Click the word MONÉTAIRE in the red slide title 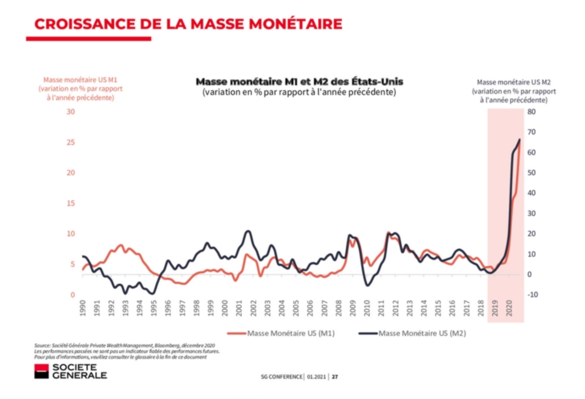(295, 24)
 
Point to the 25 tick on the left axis (71, 142)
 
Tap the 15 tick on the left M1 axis (71, 203)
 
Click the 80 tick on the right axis (531, 112)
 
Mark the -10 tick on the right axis (532, 295)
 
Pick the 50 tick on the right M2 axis (531, 173)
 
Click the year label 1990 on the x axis (83, 308)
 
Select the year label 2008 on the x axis (338, 308)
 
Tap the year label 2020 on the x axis (509, 308)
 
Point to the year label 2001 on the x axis (239, 308)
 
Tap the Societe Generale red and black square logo (41, 371)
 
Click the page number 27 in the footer (335, 377)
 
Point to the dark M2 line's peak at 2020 (520, 140)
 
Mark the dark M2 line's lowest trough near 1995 (152, 294)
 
